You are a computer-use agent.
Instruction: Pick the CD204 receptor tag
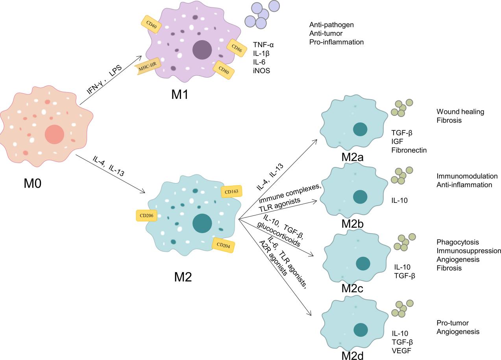224,245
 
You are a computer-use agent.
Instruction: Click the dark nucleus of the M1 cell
202,50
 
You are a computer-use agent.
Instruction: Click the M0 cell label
33,184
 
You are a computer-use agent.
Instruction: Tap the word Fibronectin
409,150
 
